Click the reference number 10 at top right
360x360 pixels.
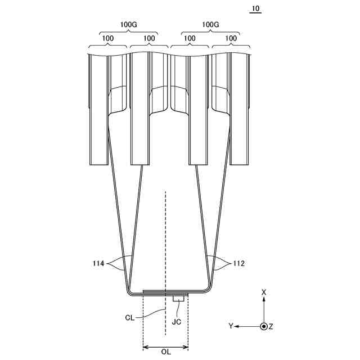255,9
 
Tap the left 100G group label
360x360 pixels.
129,24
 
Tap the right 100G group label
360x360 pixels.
210,24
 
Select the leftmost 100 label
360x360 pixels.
107,38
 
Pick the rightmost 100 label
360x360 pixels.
231,38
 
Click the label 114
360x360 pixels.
98,263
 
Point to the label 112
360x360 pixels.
239,263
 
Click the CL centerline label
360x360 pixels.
130,318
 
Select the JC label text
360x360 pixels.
176,322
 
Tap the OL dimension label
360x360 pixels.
166,352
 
